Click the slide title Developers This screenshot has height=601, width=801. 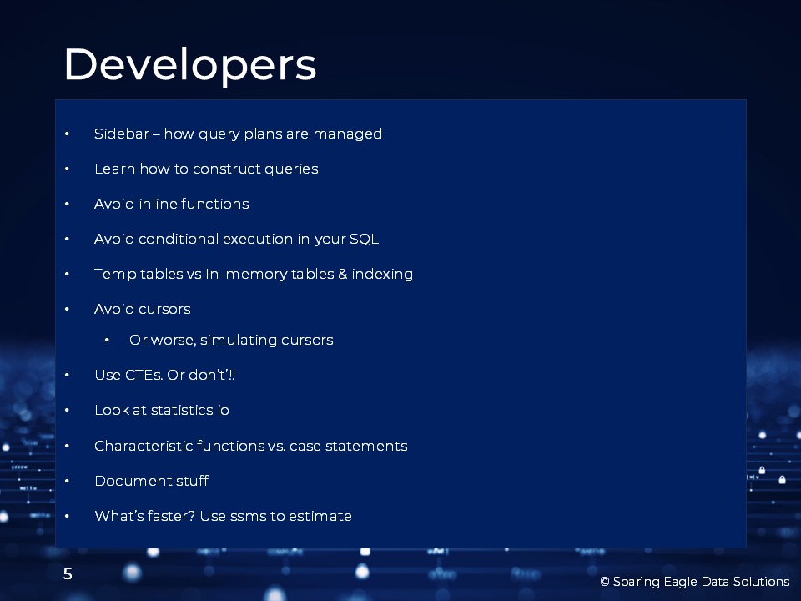click(190, 65)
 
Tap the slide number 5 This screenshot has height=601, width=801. click(68, 574)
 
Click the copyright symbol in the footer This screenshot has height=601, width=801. click(605, 582)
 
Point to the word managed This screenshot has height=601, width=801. click(347, 134)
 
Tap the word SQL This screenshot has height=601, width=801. click(364, 240)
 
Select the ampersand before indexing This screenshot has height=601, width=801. click(342, 275)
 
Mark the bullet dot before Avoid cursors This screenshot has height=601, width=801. click(67, 309)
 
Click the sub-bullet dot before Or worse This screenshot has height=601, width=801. click(107, 341)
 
